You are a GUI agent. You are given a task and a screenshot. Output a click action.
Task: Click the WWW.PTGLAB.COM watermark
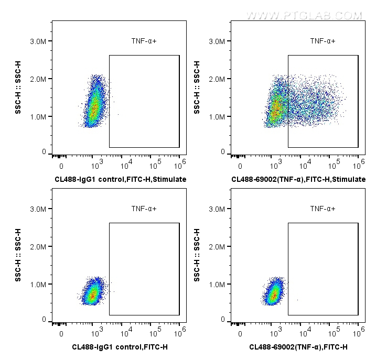point(304,16)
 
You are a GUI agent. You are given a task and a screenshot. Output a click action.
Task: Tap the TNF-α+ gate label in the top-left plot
point(144,41)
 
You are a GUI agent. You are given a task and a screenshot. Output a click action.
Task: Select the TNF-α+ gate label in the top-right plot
point(323,41)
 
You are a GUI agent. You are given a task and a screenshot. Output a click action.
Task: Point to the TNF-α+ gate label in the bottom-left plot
point(144,209)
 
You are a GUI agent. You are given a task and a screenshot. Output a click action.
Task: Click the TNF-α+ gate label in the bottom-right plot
point(323,209)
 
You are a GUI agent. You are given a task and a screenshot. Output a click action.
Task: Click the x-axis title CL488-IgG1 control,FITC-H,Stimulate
point(121,179)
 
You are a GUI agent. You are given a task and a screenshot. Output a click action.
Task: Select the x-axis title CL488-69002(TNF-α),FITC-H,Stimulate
point(299,179)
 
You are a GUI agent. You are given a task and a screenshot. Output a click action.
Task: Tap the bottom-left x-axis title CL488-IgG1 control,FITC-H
point(121,347)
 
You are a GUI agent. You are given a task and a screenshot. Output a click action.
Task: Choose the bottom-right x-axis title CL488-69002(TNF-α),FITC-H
point(298,347)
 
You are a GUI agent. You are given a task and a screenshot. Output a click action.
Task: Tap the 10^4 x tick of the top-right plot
point(305,165)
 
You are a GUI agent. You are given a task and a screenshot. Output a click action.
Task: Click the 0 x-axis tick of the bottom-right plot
point(240,334)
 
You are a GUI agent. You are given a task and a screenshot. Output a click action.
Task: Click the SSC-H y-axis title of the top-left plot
point(18,88)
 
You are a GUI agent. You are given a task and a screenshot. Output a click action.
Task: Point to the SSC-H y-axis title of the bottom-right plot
point(197,255)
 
